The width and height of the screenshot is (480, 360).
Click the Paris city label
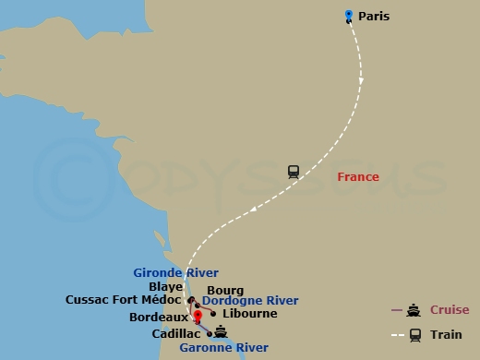374,16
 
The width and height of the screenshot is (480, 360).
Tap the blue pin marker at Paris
348,15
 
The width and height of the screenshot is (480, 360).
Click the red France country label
357,176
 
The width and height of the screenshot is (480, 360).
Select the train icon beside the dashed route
294,171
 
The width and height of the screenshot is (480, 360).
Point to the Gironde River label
175,272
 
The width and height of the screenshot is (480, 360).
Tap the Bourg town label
225,289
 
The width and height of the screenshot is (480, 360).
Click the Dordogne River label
250,301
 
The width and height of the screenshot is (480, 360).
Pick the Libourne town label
249,314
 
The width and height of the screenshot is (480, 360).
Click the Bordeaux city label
159,318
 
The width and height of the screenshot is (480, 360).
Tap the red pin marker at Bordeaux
198,316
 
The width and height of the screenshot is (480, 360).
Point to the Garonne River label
224,347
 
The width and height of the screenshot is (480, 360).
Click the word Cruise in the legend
449,309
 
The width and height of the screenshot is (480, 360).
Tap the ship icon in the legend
414,310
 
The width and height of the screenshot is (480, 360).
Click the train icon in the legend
414,335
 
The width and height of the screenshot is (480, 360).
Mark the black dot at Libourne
213,313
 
